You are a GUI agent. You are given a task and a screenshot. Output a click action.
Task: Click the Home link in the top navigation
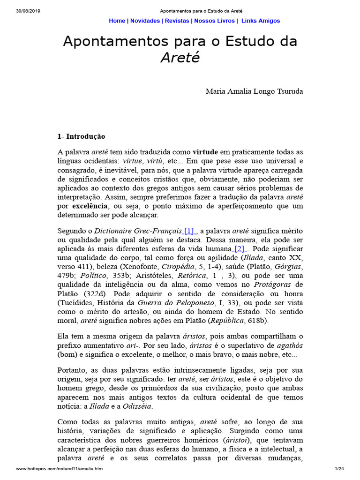click(x=117, y=21)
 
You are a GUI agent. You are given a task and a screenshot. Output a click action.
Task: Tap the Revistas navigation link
click(x=177, y=21)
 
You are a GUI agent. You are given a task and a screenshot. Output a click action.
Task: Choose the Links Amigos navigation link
click(x=261, y=21)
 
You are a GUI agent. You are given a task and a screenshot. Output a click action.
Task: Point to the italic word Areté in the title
click(x=180, y=58)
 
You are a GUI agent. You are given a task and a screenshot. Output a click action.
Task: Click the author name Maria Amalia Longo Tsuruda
click(x=254, y=91)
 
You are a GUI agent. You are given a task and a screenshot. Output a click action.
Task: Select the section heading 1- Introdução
click(x=81, y=136)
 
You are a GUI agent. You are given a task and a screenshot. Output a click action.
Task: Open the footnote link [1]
click(x=189, y=231)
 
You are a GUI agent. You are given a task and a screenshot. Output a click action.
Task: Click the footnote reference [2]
click(x=240, y=248)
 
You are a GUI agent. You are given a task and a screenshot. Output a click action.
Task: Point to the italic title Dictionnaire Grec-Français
click(x=138, y=231)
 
